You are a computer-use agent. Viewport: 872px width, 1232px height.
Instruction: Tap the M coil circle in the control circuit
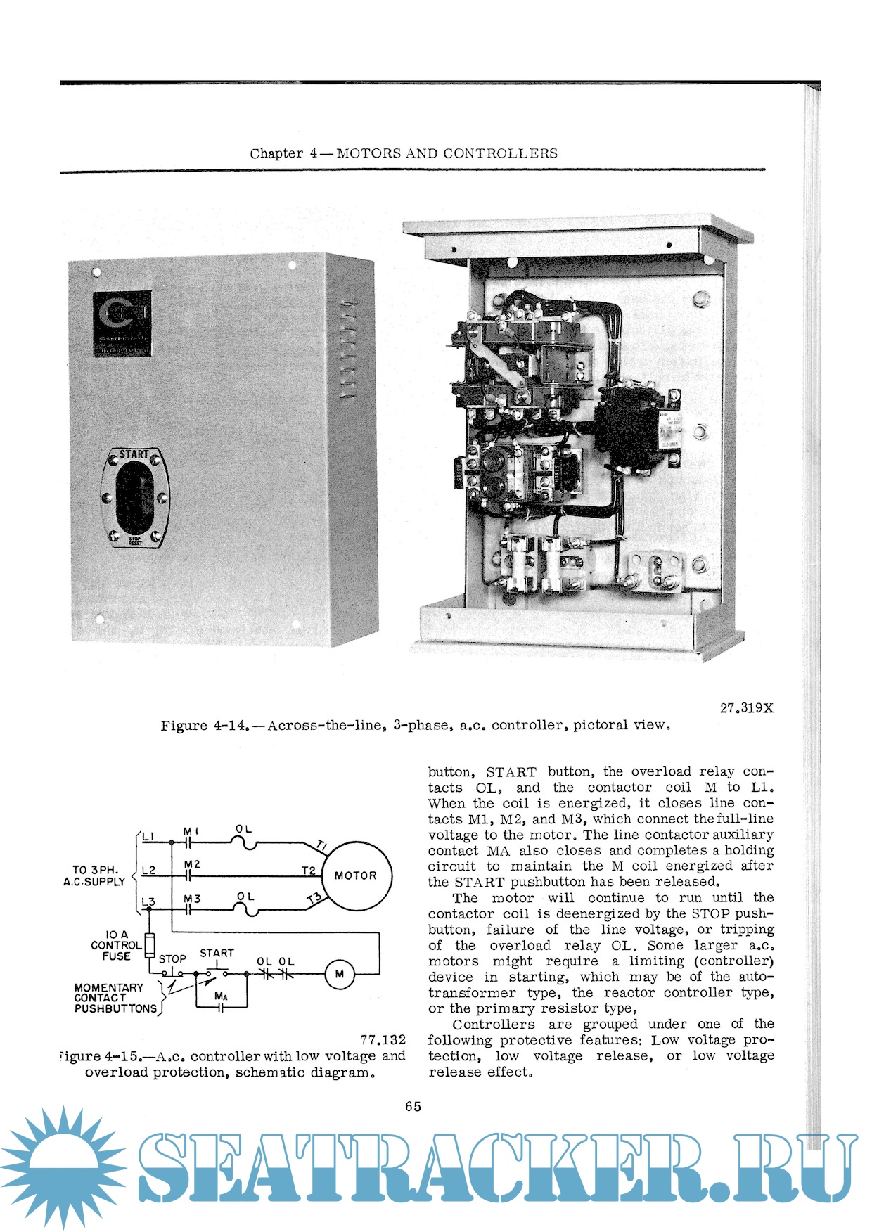[340, 974]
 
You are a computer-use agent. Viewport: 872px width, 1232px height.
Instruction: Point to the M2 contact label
[192, 864]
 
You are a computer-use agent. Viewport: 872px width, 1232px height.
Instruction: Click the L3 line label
[148, 901]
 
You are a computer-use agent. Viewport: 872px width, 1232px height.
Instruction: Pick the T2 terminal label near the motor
[308, 871]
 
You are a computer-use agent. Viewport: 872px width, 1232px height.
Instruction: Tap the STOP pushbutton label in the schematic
[172, 958]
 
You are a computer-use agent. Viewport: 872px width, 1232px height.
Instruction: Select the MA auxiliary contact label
[221, 996]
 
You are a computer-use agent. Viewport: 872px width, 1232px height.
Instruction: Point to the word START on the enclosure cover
[134, 454]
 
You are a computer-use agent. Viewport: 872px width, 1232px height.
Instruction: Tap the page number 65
[413, 1106]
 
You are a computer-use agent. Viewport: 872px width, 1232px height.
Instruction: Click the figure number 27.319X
[746, 708]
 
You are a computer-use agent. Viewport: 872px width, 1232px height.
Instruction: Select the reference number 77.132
[383, 1039]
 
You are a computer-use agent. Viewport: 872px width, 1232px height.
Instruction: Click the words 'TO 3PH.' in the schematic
[95, 870]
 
